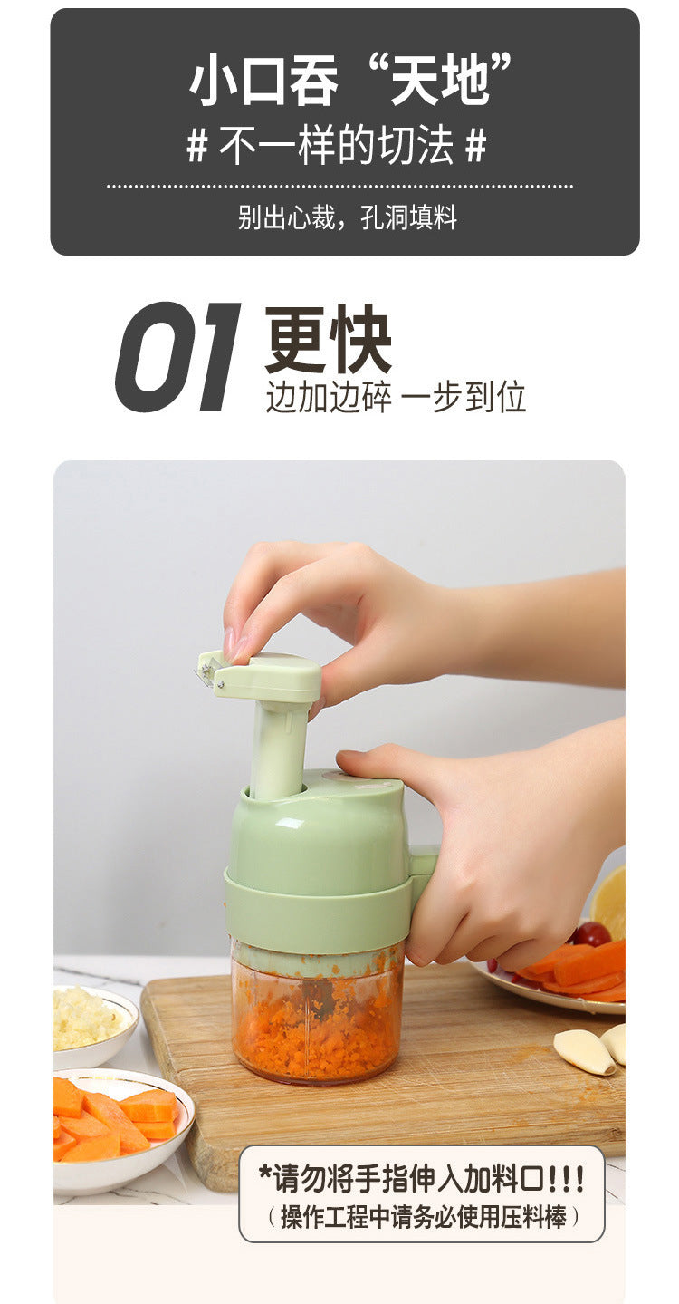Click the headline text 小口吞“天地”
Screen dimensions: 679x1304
(349, 80)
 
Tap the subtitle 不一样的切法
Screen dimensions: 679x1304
(336, 145)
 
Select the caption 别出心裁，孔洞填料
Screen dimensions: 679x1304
(347, 217)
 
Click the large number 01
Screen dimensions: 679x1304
(177, 356)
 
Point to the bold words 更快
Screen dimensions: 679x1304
(328, 340)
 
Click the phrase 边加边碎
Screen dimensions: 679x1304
(329, 397)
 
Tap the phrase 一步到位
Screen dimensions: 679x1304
(464, 397)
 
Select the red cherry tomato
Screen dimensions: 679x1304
(591, 934)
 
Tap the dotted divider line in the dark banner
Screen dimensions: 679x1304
(339, 187)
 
